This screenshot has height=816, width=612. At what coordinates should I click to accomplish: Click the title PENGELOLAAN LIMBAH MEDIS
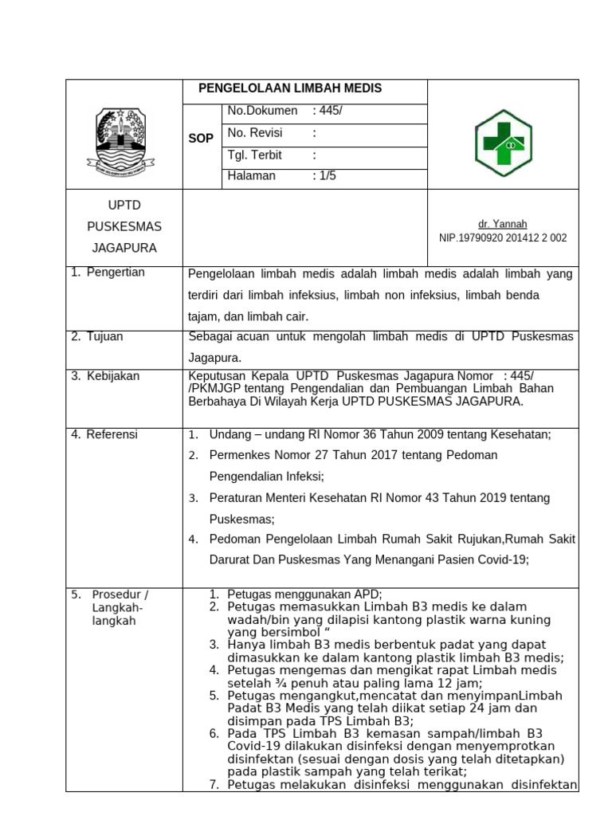click(290, 88)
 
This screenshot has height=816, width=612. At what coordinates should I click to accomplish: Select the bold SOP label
click(201, 139)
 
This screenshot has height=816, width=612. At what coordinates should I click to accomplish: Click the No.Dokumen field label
click(262, 111)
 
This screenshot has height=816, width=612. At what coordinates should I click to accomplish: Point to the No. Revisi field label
click(255, 133)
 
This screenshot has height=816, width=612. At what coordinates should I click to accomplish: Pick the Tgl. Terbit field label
click(255, 155)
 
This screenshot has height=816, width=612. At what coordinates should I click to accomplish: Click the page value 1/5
click(328, 176)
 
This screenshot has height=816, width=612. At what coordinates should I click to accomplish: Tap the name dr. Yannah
click(503, 224)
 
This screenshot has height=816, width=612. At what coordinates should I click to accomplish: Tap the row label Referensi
click(112, 434)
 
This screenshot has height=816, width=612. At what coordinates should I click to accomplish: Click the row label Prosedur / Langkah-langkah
click(120, 607)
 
